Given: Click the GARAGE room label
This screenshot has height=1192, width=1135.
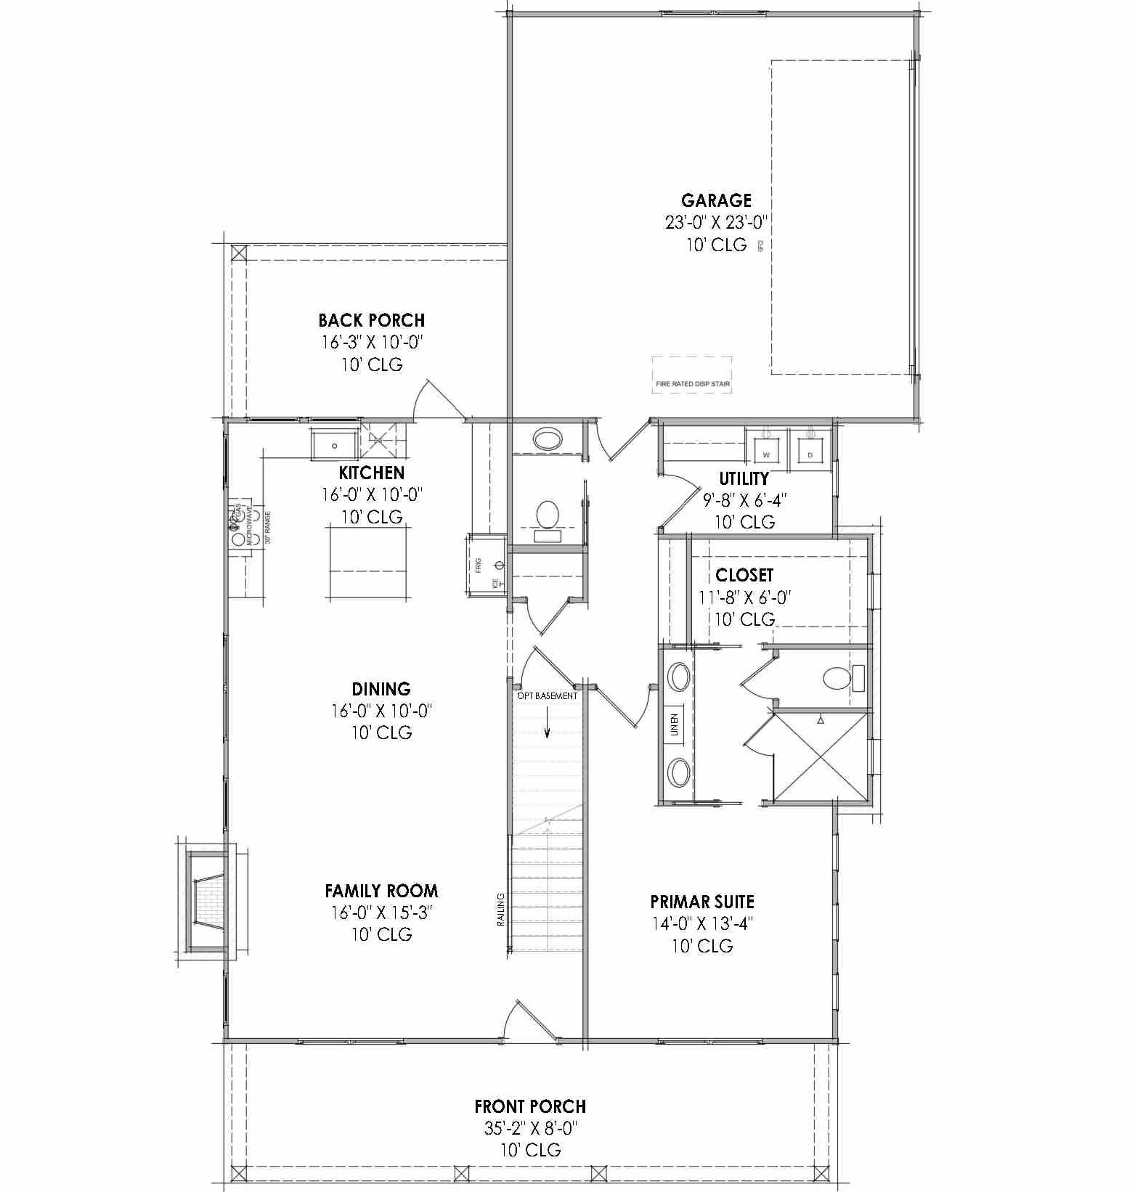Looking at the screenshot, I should pyautogui.click(x=715, y=200).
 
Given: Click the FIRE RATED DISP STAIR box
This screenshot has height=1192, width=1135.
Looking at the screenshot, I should pyautogui.click(x=692, y=375).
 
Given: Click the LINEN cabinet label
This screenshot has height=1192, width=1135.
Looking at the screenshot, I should pyautogui.click(x=674, y=724).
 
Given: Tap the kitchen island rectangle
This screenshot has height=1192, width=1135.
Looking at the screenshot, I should pyautogui.click(x=367, y=562).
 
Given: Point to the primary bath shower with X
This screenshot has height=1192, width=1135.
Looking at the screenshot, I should pyautogui.click(x=821, y=758).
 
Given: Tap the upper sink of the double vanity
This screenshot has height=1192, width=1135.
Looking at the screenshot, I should pyautogui.click(x=679, y=677).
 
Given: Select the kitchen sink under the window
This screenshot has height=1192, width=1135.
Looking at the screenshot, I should pyautogui.click(x=335, y=445).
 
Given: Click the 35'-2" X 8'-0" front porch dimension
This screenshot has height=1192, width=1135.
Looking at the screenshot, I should pyautogui.click(x=530, y=1128).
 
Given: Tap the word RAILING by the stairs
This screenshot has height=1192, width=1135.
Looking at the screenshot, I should pyautogui.click(x=500, y=910).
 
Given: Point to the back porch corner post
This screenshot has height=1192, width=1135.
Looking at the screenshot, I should pyautogui.click(x=239, y=253).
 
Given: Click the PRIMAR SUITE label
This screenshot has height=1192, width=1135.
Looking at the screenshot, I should pyautogui.click(x=701, y=902).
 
